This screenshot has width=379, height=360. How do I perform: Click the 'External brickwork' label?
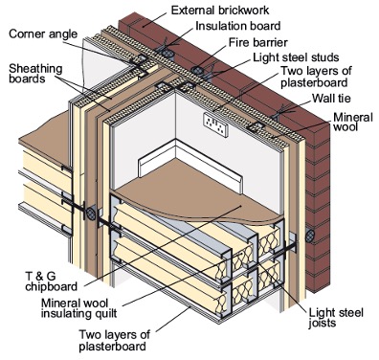[x=220, y=11]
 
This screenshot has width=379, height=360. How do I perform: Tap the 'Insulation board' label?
[x=238, y=26]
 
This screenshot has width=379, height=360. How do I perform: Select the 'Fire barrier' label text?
[x=258, y=42]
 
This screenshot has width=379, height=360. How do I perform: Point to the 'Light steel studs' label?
[x=296, y=57]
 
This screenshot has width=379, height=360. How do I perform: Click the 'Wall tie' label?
[x=331, y=98]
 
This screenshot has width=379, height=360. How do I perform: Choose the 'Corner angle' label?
[x=43, y=34]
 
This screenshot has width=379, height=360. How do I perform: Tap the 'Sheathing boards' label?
[x=35, y=74]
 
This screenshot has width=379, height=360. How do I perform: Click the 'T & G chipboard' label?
[x=51, y=281]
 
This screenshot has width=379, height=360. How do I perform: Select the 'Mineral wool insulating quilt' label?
[x=79, y=307]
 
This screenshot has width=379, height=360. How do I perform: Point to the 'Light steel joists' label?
[x=336, y=318]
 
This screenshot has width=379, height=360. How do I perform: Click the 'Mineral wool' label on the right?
[x=353, y=122]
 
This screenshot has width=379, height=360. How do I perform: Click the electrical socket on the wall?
[x=215, y=124]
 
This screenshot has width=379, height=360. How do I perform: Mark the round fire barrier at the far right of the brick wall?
[x=310, y=236]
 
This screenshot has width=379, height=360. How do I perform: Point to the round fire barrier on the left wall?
[x=91, y=214]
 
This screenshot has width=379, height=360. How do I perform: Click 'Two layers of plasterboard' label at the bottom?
[x=114, y=341]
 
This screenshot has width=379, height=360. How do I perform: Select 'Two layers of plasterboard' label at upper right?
[x=316, y=77]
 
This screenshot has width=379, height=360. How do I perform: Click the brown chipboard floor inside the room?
[x=198, y=193]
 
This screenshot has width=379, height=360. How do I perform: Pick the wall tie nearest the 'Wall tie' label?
[x=279, y=113]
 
